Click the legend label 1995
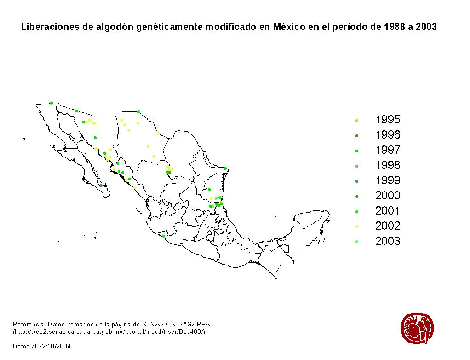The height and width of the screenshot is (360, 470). [x=388, y=120]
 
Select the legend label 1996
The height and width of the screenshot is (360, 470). [x=388, y=135]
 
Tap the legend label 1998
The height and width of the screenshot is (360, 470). [x=388, y=165]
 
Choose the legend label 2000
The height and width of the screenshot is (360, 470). [x=388, y=196]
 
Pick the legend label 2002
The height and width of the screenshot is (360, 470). [x=388, y=226]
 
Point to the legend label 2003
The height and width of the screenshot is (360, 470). [x=388, y=241]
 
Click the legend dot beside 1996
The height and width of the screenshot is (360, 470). [x=357, y=136]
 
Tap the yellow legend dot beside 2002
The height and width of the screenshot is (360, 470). [x=357, y=226]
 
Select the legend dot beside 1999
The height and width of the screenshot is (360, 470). [x=357, y=181]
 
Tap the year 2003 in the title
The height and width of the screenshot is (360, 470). [x=426, y=27]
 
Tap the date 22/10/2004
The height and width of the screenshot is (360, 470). [x=55, y=346]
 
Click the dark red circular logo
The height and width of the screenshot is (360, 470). [x=417, y=328]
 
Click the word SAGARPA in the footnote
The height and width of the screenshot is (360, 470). [x=195, y=324]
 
